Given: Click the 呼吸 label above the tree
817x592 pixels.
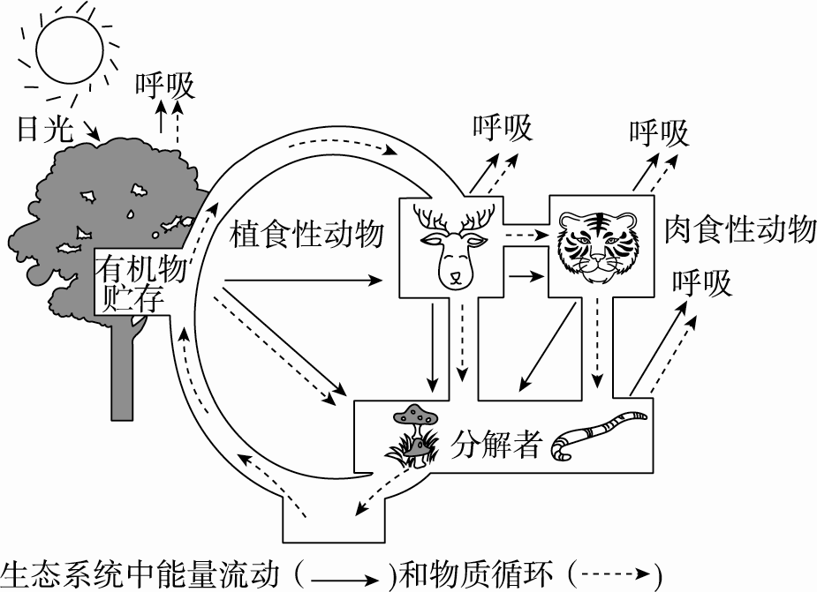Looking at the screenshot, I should [165, 86].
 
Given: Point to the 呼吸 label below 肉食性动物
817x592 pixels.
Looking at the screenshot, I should [702, 284].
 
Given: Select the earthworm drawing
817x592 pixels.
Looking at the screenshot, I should [597, 431].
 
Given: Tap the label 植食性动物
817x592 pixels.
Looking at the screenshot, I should [306, 235].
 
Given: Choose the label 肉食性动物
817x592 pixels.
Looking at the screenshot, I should [739, 230].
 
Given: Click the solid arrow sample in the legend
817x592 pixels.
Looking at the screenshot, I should [344, 578].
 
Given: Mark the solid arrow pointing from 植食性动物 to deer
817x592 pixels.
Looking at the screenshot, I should [301, 281].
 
